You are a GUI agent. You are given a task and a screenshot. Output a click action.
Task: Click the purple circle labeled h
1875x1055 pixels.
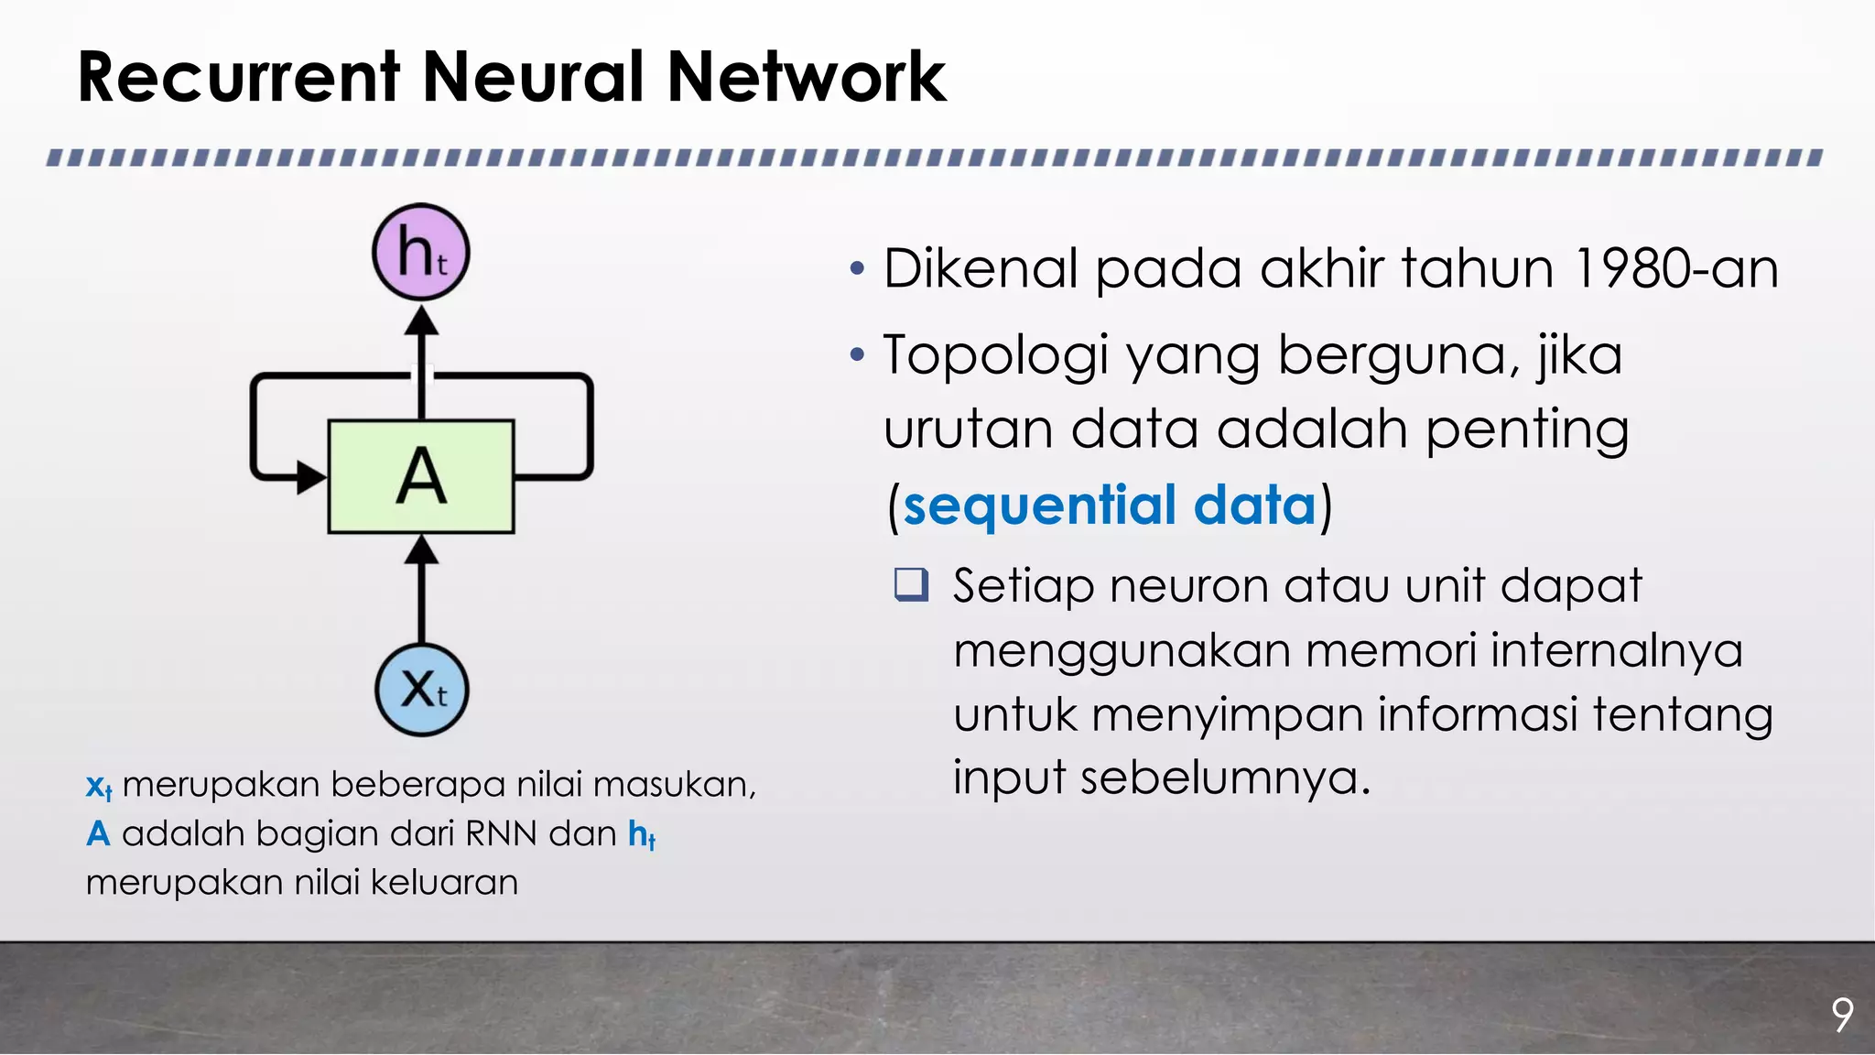pyautogui.click(x=421, y=252)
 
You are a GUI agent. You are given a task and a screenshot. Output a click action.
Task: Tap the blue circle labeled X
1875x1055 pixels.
pyautogui.click(x=422, y=690)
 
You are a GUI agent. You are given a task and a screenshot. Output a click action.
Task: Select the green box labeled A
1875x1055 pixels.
pyautogui.click(x=421, y=476)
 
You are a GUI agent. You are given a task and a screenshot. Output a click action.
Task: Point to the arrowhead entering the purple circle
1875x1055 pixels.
pyautogui.click(x=421, y=321)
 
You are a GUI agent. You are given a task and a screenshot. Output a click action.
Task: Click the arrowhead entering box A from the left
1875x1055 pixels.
pyautogui.click(x=311, y=477)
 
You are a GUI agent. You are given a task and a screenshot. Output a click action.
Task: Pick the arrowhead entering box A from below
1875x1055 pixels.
pyautogui.click(x=421, y=549)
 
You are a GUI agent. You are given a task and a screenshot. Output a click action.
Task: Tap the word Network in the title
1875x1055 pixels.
pyautogui.click(x=807, y=77)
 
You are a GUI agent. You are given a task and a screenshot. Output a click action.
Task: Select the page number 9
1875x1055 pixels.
pyautogui.click(x=1842, y=1015)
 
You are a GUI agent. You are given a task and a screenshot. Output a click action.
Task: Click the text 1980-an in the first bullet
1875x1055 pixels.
pyautogui.click(x=1676, y=269)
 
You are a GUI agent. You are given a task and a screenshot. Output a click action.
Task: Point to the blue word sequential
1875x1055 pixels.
pyautogui.click(x=1039, y=506)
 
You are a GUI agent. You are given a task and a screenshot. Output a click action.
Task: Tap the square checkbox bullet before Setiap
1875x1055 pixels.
pyautogui.click(x=912, y=584)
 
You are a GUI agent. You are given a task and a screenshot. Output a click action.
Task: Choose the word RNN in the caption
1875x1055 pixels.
pyautogui.click(x=502, y=833)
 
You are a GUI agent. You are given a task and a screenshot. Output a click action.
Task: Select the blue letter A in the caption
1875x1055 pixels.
pyautogui.click(x=98, y=833)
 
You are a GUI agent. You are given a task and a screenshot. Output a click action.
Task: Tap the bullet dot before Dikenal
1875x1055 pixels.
pyautogui.click(x=856, y=269)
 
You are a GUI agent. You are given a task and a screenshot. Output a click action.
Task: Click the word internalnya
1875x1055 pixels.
pyautogui.click(x=1616, y=650)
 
